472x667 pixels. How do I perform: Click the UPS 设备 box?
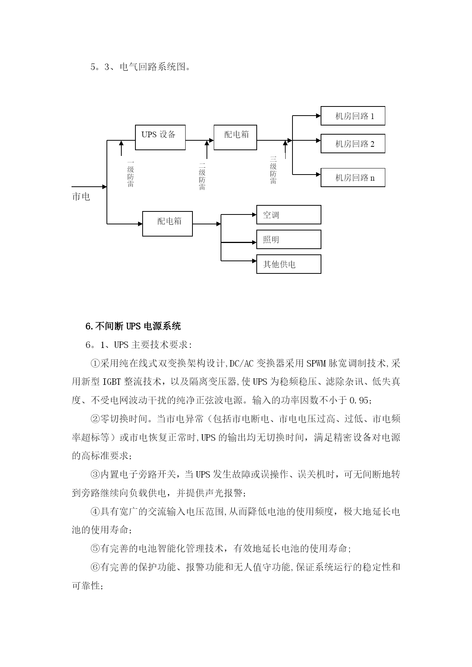161,137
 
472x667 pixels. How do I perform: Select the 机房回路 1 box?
353,116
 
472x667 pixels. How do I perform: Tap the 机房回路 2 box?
353,143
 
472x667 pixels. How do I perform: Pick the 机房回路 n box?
353,177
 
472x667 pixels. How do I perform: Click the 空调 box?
289,214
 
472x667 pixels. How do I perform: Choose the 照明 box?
289,239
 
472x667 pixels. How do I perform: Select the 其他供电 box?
289,264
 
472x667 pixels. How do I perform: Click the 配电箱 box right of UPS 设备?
235,137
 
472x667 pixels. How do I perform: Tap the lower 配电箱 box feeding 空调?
167,224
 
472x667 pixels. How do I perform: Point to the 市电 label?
81,196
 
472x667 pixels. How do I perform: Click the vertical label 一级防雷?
130,173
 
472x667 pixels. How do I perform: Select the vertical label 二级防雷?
202,176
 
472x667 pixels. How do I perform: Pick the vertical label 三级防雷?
273,170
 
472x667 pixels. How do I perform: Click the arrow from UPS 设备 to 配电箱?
200,140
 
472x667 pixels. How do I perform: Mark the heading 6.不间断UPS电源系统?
133,326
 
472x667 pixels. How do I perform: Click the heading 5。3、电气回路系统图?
140,67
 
